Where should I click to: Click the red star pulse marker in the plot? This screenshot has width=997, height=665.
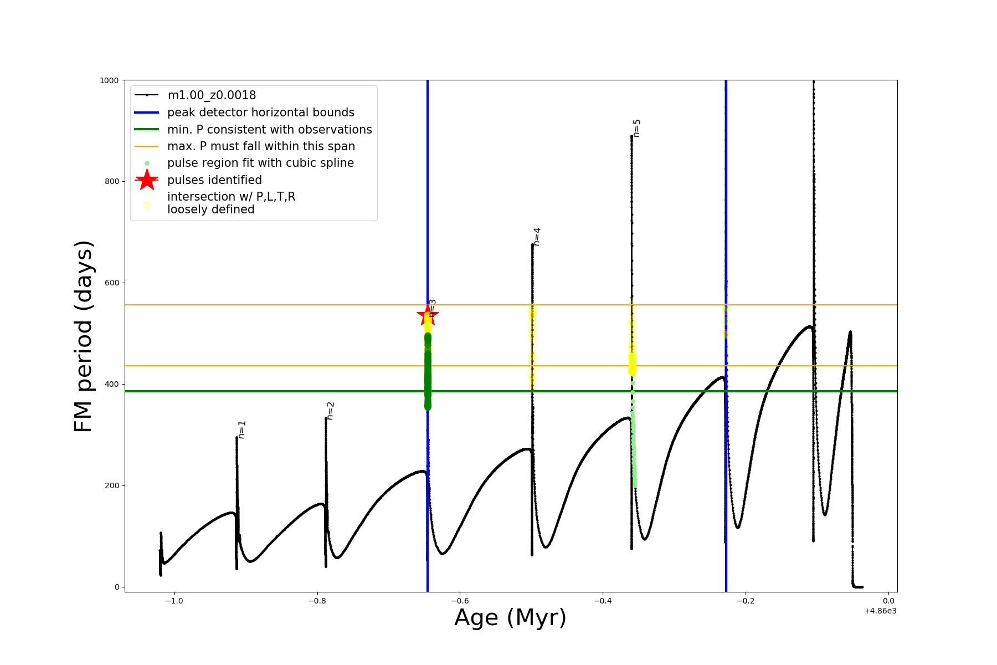tap(427, 316)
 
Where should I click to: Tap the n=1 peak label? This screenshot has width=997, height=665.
tap(241, 429)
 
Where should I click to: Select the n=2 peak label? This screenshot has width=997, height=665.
tap(330, 411)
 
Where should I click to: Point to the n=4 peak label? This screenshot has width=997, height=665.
tap(536, 237)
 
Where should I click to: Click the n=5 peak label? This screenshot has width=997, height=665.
tap(636, 128)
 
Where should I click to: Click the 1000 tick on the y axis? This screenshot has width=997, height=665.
tap(109, 80)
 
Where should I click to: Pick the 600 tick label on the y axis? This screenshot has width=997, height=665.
tap(111, 283)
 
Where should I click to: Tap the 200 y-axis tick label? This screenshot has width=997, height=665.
tap(111, 485)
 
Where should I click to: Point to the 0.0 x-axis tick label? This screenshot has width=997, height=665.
tap(888, 601)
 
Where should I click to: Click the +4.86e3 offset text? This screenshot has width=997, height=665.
tap(880, 611)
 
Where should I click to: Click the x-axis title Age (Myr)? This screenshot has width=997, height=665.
tap(510, 617)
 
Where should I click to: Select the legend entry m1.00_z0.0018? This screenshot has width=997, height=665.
tap(212, 95)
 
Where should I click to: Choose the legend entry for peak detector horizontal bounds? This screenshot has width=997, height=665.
tap(260, 112)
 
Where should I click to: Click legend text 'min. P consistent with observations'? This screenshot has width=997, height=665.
tap(269, 130)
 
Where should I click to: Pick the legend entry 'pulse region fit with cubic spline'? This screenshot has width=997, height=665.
tap(260, 163)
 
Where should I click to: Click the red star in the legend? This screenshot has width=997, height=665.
tap(147, 180)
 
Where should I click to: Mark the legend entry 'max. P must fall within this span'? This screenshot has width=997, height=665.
tap(261, 146)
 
